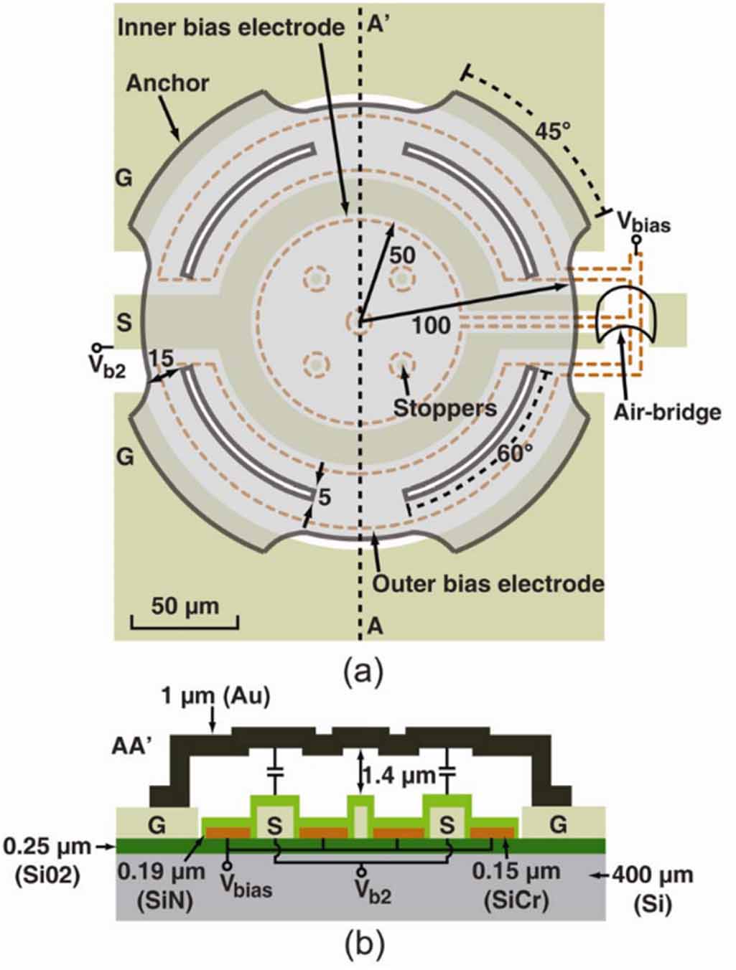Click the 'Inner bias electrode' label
(x=231, y=27)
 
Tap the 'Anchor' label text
(x=167, y=83)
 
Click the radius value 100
(x=432, y=326)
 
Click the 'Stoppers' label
(x=445, y=408)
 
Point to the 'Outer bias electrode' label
(x=488, y=584)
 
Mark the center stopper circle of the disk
(x=357, y=321)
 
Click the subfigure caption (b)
(x=364, y=945)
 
